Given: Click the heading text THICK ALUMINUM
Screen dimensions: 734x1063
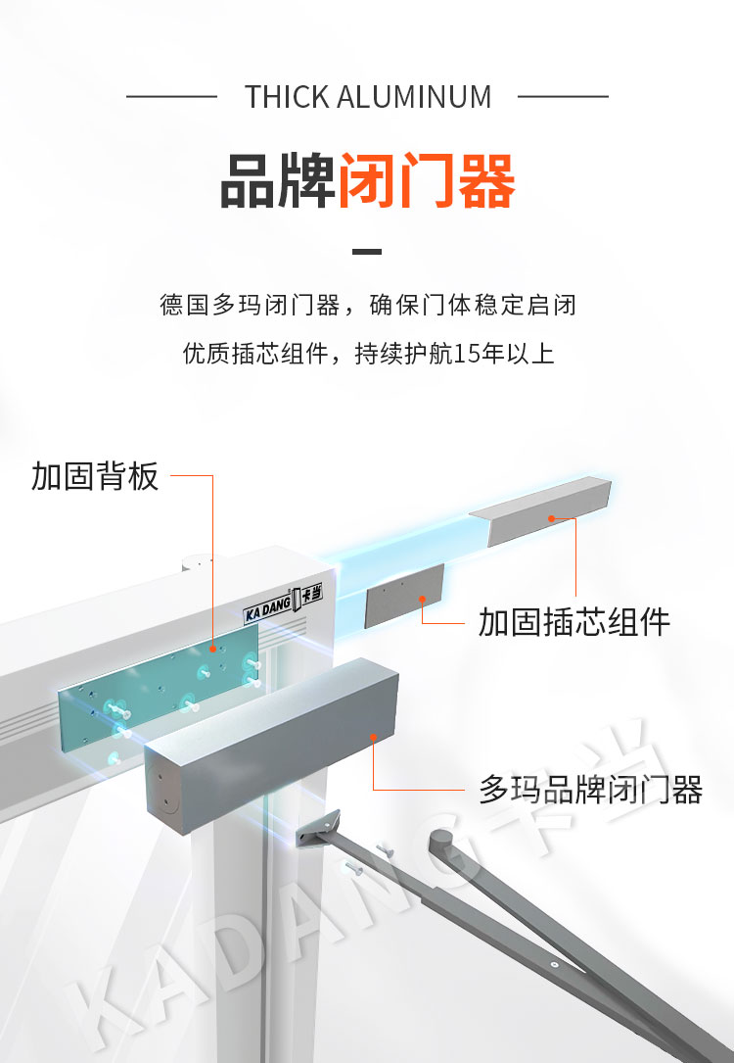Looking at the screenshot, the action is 368,97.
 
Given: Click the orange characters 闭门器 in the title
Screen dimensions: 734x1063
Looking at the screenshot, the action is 427,181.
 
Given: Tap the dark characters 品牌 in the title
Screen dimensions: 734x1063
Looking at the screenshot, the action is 278,181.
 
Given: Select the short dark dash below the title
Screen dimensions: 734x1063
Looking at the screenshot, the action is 367,252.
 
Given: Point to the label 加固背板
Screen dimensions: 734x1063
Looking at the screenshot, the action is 95,476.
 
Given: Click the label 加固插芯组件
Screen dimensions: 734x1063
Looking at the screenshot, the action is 574,622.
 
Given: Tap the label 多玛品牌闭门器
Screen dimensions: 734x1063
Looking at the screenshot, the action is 590,790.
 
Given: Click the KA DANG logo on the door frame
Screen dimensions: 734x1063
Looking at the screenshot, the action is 283,604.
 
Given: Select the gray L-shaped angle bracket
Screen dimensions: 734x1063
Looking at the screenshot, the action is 540,510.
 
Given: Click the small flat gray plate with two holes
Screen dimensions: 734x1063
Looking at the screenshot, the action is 404,596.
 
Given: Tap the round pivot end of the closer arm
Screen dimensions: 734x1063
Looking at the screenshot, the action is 442,842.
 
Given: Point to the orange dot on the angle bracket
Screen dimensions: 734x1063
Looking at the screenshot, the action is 551,518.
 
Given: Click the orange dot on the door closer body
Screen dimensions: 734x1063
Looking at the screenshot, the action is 373,736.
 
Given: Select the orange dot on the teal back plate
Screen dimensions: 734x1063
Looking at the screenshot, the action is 212,649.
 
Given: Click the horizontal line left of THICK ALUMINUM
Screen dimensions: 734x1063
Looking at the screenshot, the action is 171,97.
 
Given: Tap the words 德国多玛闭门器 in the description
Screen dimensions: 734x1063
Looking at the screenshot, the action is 250,305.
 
